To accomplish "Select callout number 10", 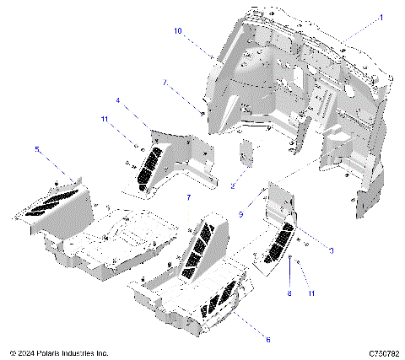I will coord(178,30).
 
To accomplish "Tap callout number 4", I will coord(118,100).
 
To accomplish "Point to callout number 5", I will coord(36,148).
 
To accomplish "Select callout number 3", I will coord(332,250).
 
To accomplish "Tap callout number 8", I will coord(289,294).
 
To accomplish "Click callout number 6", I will coord(245,340).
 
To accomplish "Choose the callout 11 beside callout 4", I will coord(105,121).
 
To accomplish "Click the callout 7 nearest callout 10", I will coord(165,83).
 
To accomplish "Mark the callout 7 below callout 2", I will coord(188,196).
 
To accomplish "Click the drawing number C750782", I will coord(383,352).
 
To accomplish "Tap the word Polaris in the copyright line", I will coord(56,352).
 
